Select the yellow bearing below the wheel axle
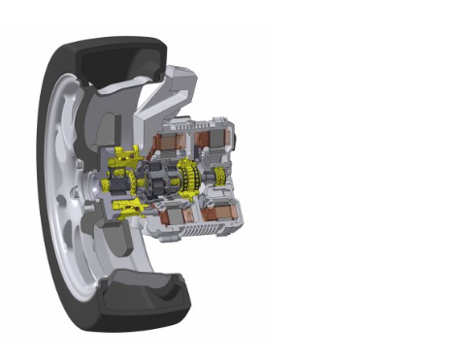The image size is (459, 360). (x=123, y=206)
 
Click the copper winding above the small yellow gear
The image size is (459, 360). (x=215, y=140)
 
